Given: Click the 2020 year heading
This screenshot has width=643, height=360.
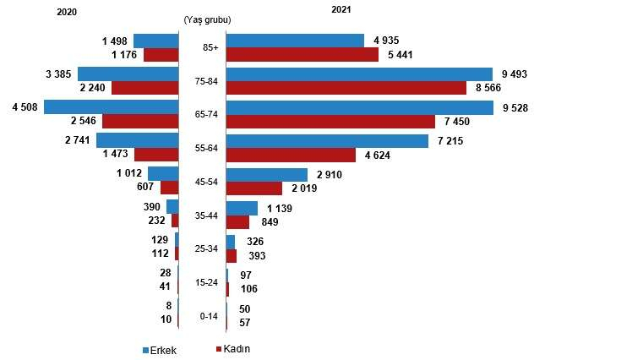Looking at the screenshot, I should [67, 11].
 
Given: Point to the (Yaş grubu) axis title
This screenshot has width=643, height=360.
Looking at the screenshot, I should [206, 19].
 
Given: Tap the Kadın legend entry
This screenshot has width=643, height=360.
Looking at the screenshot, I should [237, 349].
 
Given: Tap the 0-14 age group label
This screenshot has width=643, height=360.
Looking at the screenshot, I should [209, 316].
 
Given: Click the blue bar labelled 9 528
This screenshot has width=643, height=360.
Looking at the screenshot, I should [360, 107].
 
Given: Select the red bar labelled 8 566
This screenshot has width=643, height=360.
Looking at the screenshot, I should [346, 87].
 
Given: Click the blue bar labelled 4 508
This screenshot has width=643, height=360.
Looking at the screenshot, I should [112, 107].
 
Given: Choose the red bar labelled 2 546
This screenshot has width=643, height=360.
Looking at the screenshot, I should [140, 121].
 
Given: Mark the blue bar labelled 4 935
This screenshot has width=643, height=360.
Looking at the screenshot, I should [295, 41].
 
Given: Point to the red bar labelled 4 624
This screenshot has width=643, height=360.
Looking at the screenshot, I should [291, 155].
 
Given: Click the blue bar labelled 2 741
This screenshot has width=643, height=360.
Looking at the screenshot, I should [138, 140].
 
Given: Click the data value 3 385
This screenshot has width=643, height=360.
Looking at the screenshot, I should [56, 74].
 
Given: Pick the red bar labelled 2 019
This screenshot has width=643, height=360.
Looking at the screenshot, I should [254, 188].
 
